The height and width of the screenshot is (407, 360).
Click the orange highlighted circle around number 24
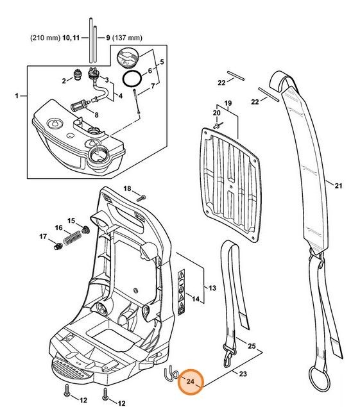191,381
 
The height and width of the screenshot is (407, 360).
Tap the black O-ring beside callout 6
132,81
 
